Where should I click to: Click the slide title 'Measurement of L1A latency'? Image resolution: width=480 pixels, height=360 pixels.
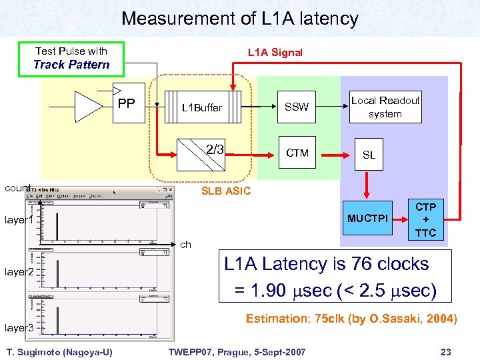coord(239,19)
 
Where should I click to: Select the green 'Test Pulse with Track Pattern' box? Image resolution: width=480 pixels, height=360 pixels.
coord(71,59)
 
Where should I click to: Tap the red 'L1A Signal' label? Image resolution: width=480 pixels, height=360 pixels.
coord(275,52)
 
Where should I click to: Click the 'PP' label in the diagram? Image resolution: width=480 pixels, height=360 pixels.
coord(126,104)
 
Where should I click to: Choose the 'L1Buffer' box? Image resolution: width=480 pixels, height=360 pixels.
coord(202,107)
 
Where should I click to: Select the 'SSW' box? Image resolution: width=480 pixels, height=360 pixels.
coord(297,107)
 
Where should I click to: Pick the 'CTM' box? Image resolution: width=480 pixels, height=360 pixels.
coord(297,153)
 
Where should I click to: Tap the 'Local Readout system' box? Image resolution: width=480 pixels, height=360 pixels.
coord(385,107)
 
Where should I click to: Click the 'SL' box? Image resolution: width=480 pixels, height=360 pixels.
coord(369,155)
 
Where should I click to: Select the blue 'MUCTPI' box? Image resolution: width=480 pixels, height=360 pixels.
coord(367,219)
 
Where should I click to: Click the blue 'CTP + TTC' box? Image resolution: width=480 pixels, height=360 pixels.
coord(425,220)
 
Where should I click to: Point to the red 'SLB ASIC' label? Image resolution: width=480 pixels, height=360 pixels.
coord(226,191)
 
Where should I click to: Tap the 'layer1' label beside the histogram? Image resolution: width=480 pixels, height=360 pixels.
coord(19,219)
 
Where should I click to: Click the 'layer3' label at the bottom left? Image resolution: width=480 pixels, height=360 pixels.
coord(19,327)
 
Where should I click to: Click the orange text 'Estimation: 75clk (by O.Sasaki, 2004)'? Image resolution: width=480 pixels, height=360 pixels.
coord(351,319)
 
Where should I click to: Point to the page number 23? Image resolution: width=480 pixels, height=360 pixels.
coord(446,351)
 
